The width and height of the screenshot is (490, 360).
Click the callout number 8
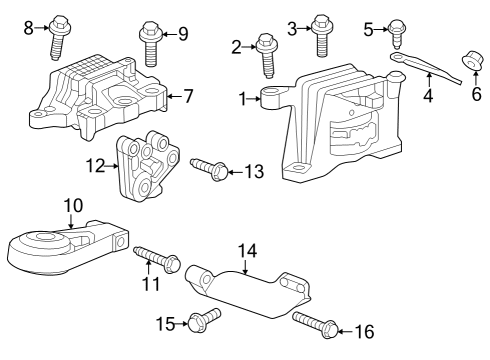click(28, 27)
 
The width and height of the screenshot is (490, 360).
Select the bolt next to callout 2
click(267, 54)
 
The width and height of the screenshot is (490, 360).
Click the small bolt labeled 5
click(396, 40)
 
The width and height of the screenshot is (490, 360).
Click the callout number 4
click(427, 97)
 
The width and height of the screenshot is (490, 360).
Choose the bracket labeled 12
click(146, 170)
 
